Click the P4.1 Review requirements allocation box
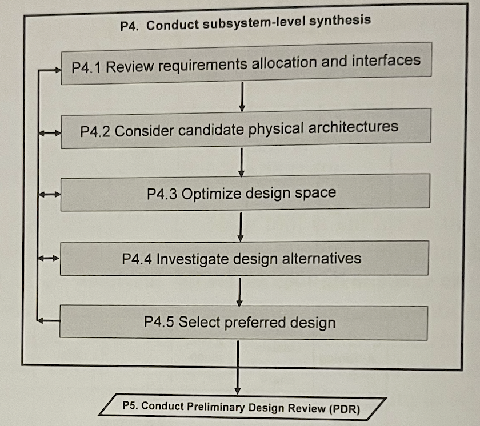coord(246,63)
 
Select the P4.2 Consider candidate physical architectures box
coord(246,129)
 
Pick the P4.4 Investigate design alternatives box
coord(244,258)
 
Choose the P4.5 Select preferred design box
coord(243,322)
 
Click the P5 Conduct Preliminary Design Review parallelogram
coord(242,407)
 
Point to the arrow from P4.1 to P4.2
coord(242,97)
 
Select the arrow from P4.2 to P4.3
coord(242,162)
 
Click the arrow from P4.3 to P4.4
coord(241,227)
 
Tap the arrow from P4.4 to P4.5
coord(241,292)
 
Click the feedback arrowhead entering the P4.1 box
coord(56,70)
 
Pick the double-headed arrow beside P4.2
coord(49,133)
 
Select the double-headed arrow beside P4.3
coord(48,195)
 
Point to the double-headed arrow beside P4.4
coord(48,259)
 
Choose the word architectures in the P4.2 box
coord(353,127)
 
